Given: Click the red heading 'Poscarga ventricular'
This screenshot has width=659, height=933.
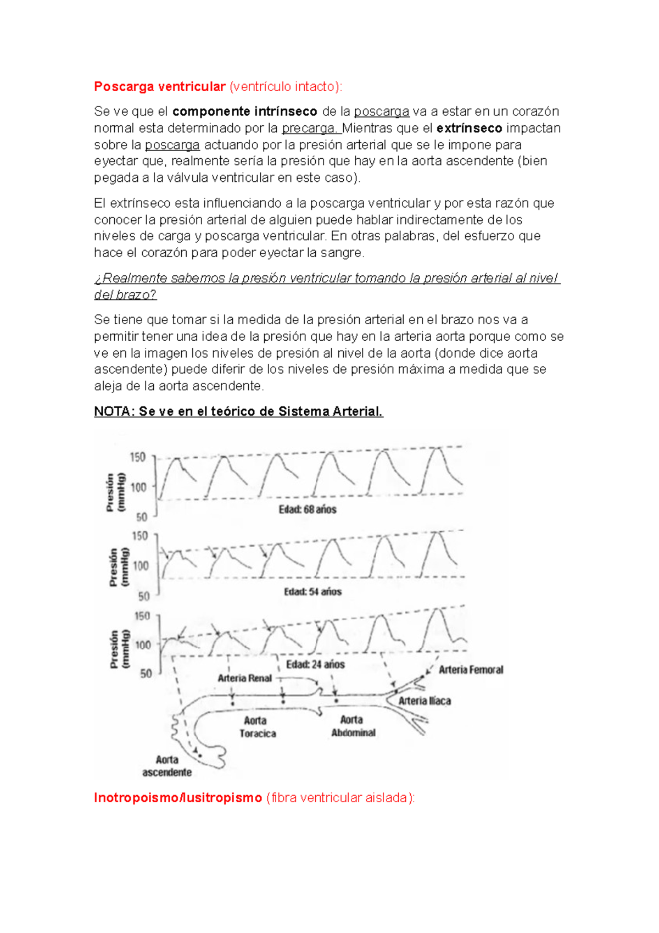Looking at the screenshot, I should (x=160, y=87).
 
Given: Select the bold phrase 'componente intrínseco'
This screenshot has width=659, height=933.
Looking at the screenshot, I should (x=244, y=112).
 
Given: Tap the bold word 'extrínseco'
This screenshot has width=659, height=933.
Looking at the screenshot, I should (x=469, y=128).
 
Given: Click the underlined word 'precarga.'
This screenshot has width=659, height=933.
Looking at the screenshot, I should (x=311, y=128).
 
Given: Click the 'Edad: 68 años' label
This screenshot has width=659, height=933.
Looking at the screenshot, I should (x=308, y=509).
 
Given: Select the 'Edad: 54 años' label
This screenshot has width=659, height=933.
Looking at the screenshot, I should (x=312, y=592).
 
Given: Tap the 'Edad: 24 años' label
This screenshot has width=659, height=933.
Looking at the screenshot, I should (x=315, y=664).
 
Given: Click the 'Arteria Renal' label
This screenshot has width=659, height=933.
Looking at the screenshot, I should (x=245, y=678).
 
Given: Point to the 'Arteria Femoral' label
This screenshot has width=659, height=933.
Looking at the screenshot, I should (x=471, y=670).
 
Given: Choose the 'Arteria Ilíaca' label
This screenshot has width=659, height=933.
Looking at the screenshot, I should (x=425, y=701).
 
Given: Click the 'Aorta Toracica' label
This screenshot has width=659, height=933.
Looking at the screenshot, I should (x=257, y=727).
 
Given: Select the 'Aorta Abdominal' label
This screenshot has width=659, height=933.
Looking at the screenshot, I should (x=353, y=726).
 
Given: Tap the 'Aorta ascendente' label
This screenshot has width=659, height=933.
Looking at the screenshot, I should (x=167, y=766).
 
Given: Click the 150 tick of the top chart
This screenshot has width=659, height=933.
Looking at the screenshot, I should (x=137, y=457).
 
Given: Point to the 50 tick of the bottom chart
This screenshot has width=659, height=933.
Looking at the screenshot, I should (x=146, y=674).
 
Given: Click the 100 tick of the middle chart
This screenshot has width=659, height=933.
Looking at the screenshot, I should (x=141, y=565).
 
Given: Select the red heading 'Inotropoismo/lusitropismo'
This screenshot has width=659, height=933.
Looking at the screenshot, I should (x=178, y=798).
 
